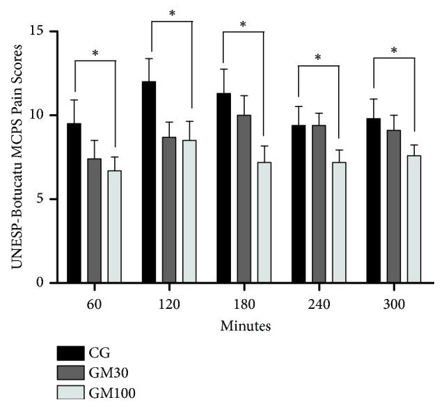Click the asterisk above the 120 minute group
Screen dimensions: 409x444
click(x=171, y=13)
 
